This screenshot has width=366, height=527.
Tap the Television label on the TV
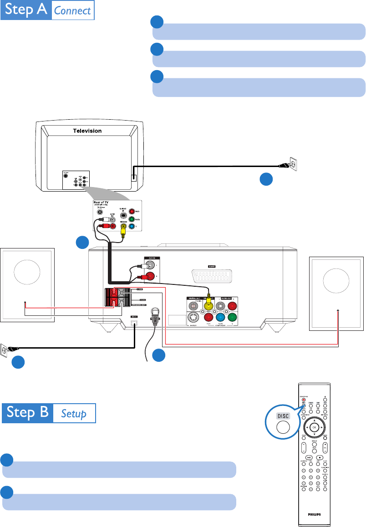(x=87, y=131)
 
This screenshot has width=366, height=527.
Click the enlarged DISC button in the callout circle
(x=280, y=427)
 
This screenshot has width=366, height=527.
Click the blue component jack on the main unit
(x=222, y=319)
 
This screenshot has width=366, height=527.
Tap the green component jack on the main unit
(x=234, y=319)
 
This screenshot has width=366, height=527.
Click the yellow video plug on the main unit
(x=210, y=301)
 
